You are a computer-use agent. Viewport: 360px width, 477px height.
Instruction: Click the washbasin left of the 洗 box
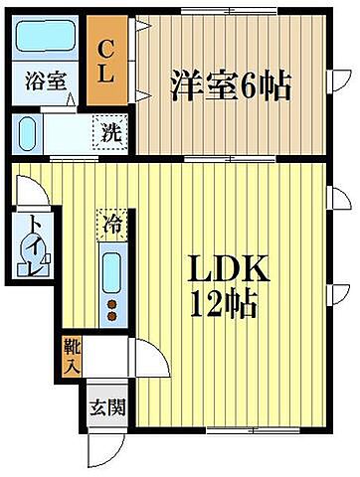coord(29,133)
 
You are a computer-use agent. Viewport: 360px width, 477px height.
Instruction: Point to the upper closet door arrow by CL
coord(143,28)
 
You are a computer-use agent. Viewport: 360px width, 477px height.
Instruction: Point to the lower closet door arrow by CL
coord(143,94)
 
